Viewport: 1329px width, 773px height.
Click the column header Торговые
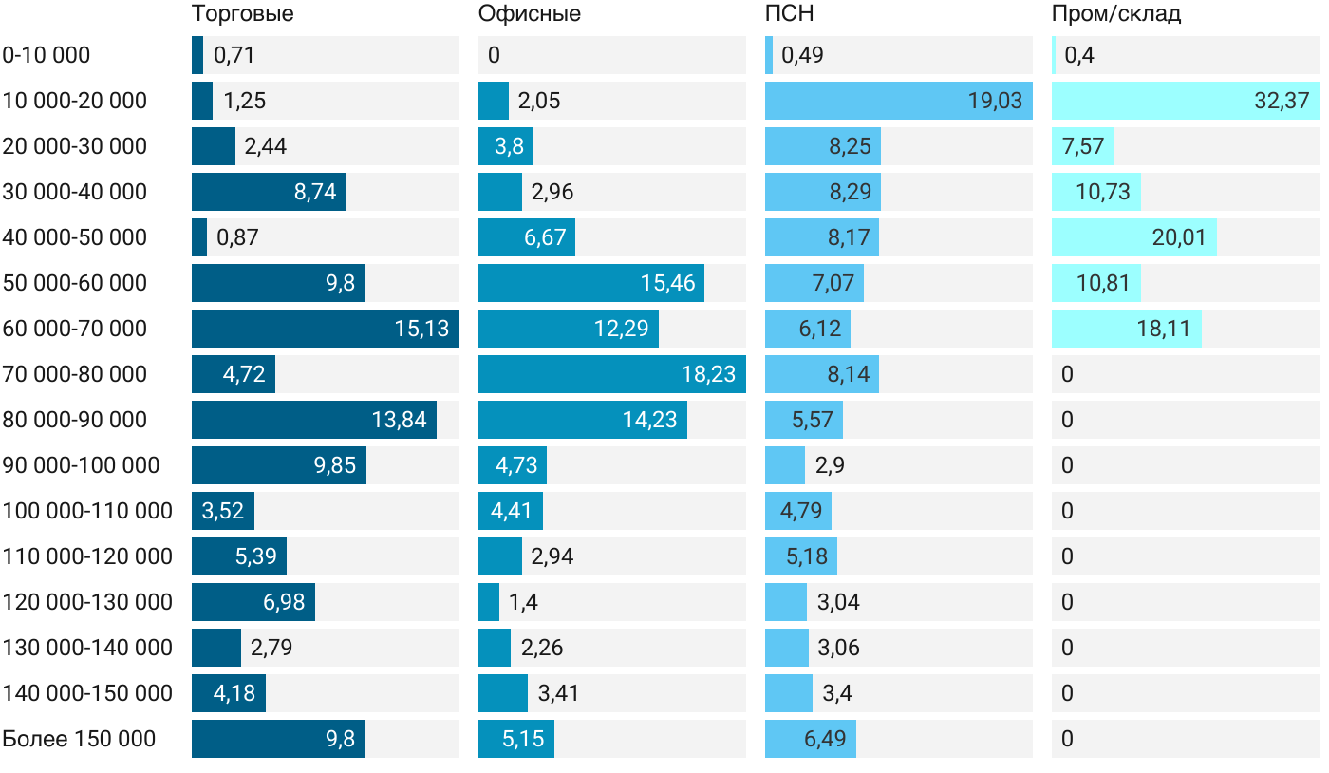tap(242, 13)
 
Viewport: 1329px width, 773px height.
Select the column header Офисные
tap(530, 13)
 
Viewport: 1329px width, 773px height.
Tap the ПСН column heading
tap(790, 13)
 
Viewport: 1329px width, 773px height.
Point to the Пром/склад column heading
tap(1116, 13)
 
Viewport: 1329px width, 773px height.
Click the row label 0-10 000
tap(47, 55)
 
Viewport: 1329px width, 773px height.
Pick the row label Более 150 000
tap(79, 739)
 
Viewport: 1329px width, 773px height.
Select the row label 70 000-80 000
tap(75, 374)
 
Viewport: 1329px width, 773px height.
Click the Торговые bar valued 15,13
tap(326, 329)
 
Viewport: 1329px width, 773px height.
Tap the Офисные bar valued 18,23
tap(612, 374)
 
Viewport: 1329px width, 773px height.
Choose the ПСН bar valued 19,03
tap(899, 101)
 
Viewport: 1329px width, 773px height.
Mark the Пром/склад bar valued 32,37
tap(1186, 101)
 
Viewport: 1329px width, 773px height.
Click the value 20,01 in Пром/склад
tap(1179, 237)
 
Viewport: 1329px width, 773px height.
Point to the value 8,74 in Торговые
tap(315, 192)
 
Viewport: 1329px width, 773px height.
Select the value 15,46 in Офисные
tap(668, 283)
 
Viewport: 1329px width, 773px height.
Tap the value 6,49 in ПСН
tap(825, 739)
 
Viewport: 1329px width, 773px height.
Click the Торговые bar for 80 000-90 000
tap(314, 420)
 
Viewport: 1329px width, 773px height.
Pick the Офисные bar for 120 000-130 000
tap(489, 602)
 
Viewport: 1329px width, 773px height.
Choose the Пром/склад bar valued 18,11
tap(1127, 329)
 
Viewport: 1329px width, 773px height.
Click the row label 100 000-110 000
tap(87, 511)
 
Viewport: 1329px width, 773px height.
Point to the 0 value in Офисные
tap(494, 55)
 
